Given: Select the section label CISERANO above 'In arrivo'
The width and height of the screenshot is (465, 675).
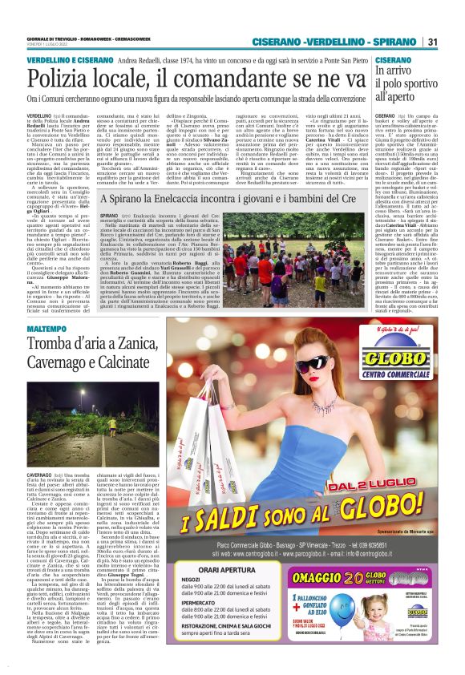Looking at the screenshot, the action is pyautogui.click(x=393, y=60).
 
